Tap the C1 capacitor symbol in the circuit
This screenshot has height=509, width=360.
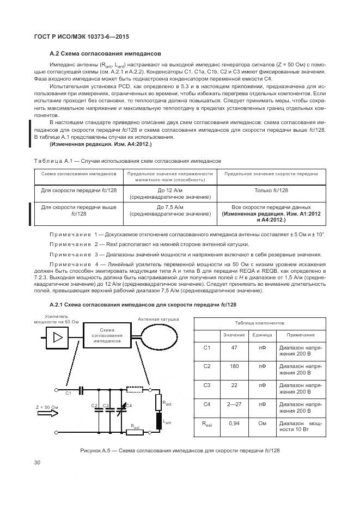[x=80, y=390]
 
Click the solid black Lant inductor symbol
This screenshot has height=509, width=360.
[x=160, y=421]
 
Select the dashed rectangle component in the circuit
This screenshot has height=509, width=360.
[x=133, y=390]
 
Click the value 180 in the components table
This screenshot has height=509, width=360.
[x=235, y=366]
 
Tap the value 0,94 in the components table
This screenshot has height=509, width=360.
[x=235, y=423]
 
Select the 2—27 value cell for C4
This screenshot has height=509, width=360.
[x=235, y=404]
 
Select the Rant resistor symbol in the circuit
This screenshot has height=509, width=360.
[x=160, y=402]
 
